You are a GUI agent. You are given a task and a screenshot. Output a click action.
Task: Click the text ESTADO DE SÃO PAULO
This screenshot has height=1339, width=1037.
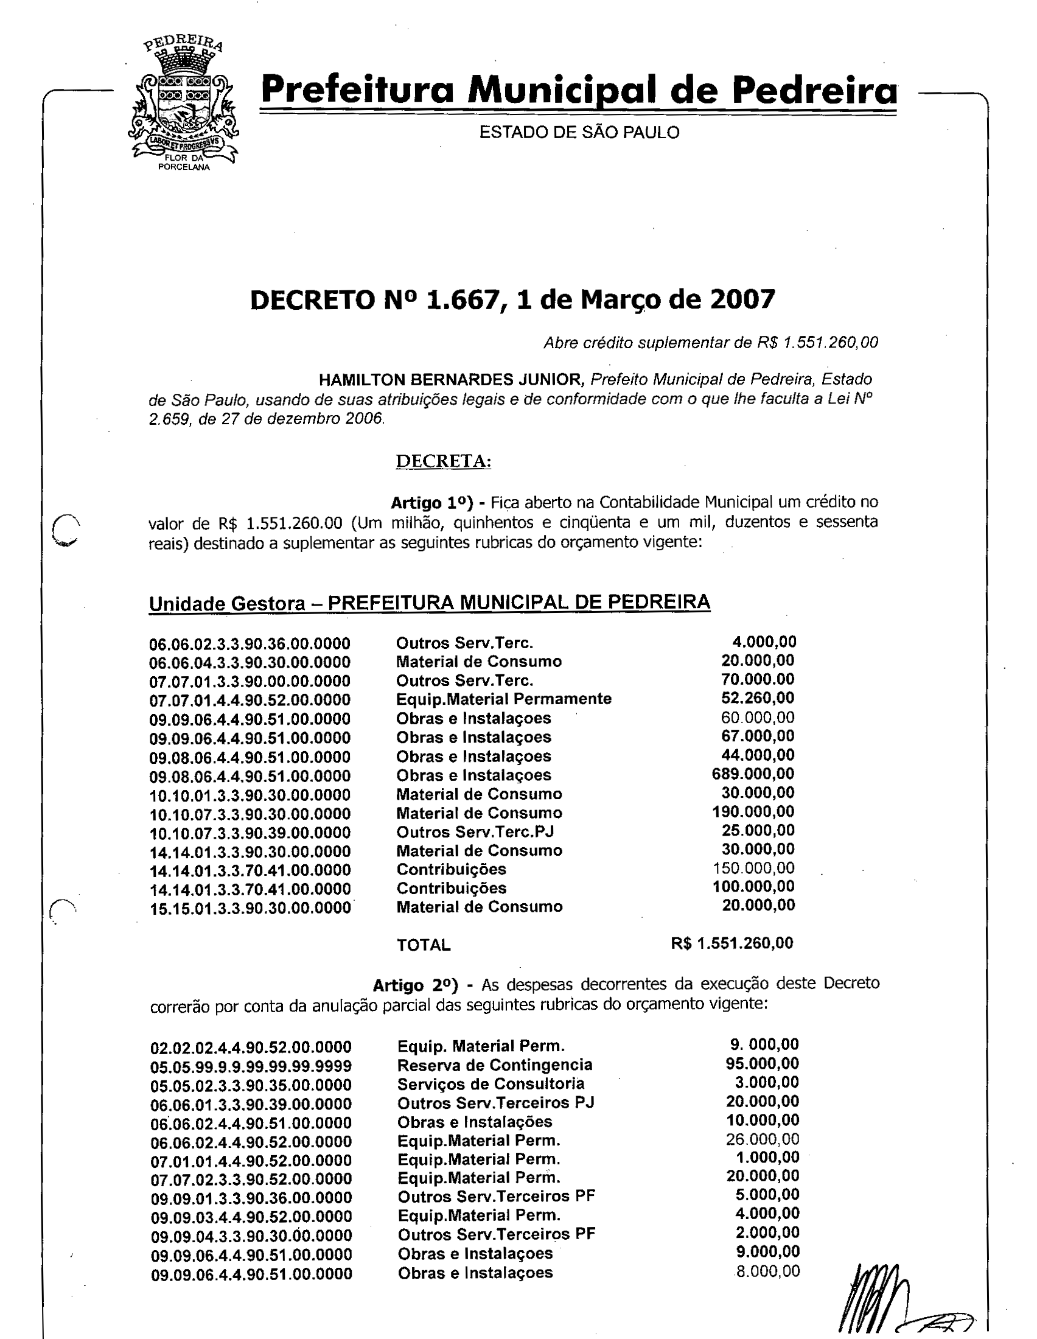[x=579, y=133]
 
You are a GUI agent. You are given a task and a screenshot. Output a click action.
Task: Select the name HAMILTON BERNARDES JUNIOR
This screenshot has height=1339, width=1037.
[x=452, y=380]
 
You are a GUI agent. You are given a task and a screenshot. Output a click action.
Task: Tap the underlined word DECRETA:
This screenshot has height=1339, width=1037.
[x=443, y=461]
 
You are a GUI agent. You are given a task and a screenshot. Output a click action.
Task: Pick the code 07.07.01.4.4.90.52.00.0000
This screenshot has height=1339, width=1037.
[x=250, y=700]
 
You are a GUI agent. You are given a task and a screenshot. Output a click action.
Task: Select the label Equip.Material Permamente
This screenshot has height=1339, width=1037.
[x=503, y=699]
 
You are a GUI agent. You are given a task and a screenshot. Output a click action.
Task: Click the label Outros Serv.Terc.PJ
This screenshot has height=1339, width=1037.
[x=475, y=832]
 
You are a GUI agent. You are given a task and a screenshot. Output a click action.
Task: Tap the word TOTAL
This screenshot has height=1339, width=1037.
[x=424, y=945]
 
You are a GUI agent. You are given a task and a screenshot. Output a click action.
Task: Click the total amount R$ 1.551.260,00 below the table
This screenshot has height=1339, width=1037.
[x=731, y=943]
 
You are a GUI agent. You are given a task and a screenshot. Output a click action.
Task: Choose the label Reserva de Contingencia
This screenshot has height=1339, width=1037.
[x=495, y=1065]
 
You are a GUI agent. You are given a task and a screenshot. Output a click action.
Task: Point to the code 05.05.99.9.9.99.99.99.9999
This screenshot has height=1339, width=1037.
[x=251, y=1066]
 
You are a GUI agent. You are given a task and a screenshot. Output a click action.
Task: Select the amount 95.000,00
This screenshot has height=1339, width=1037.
[x=763, y=1064]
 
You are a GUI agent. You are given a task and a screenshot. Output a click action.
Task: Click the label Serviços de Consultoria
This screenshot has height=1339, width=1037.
[x=491, y=1084]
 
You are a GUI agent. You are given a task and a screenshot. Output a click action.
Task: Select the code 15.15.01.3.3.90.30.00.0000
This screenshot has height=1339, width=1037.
[x=250, y=908]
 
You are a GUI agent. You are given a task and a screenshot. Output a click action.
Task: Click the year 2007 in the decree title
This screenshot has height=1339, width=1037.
[x=742, y=299]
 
